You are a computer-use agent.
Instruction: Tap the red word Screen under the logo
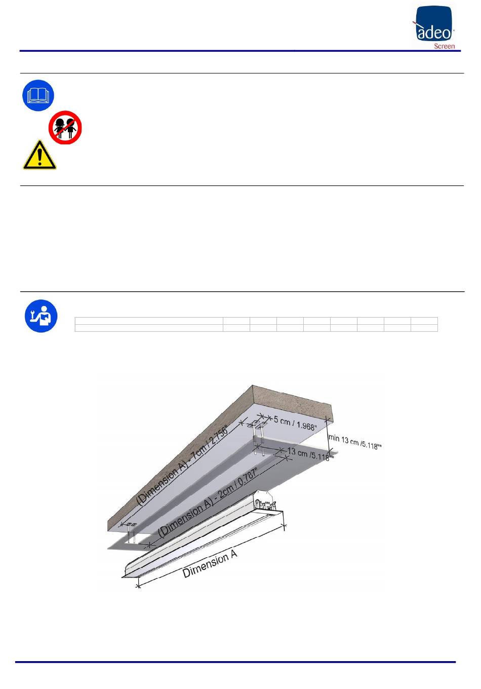coord(444,46)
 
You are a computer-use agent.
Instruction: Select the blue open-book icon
coord(38,95)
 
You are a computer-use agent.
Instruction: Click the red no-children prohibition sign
coord(65,127)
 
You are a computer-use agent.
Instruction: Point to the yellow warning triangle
coord(39,155)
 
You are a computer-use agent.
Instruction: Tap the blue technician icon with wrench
coord(41,316)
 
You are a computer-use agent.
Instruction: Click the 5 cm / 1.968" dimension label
coord(295,423)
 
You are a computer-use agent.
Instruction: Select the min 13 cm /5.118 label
coord(355,441)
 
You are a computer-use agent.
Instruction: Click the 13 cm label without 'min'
coord(310,454)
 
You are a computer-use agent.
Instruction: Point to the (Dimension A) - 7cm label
coord(183,466)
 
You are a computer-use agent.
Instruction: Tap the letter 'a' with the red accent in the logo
coord(422,32)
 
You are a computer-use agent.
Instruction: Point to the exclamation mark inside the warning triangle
coord(39,157)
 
